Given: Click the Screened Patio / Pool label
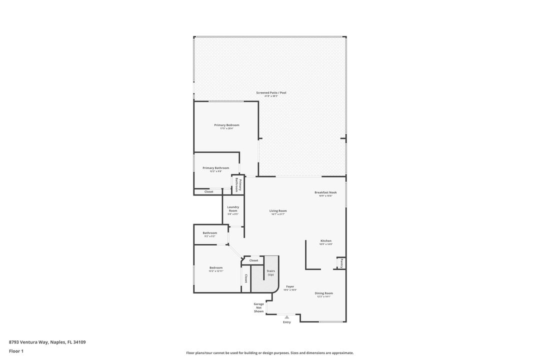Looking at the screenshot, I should coord(271,92).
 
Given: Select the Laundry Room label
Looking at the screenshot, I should coord(233,209).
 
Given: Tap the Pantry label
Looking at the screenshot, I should coord(341,263).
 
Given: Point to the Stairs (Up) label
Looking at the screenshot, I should coord(270,272).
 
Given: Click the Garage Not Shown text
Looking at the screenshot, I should coord(258,307).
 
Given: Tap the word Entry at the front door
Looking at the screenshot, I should coord(286,322).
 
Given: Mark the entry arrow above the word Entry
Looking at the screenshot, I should coord(286,316).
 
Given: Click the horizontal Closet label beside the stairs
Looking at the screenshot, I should coord(254,260).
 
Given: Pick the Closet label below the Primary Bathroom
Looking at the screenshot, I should coord(209,191).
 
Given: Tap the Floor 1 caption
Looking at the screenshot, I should coord(16,351).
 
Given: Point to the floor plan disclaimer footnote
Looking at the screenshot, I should coord(270,353).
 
